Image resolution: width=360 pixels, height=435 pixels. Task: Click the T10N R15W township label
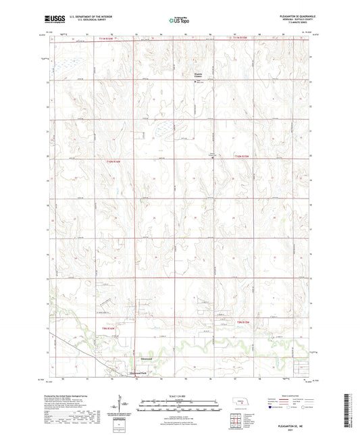point(241,157)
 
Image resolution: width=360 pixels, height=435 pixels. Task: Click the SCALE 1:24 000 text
point(180,395)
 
